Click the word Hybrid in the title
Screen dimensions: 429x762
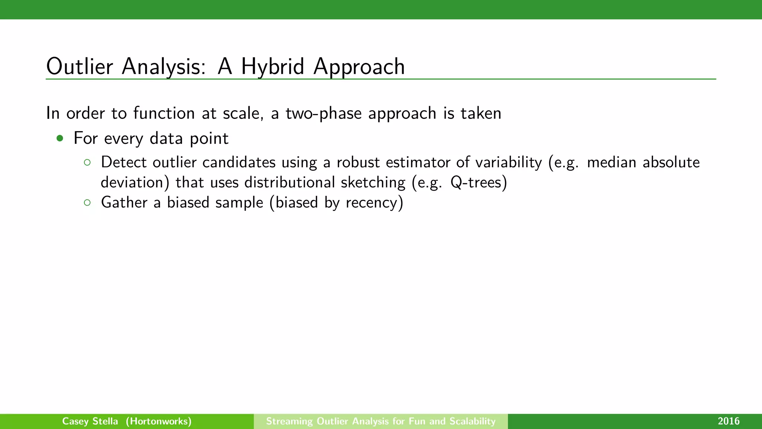click(272, 67)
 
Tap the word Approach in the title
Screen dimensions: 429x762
click(359, 67)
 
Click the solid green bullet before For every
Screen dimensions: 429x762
click(60, 139)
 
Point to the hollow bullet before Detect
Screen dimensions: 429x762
click(87, 162)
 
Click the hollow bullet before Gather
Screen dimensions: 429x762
click(87, 203)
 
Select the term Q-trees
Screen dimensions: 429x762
click(478, 182)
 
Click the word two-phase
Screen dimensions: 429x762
click(323, 113)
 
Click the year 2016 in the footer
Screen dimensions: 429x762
click(729, 421)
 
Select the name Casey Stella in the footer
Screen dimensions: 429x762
click(90, 421)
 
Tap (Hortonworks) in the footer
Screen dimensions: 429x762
click(159, 421)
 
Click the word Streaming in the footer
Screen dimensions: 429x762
click(289, 421)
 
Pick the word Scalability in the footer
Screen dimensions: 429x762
click(473, 421)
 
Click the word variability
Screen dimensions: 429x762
click(509, 162)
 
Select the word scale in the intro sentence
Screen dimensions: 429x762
click(243, 113)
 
